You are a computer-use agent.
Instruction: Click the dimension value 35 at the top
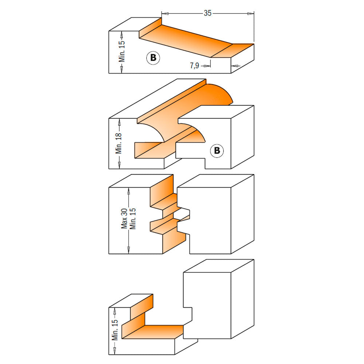click(x=207, y=13)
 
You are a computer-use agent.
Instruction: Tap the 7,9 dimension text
click(x=194, y=66)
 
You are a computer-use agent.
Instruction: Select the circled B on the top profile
click(x=153, y=58)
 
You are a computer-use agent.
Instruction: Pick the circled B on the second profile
click(x=217, y=150)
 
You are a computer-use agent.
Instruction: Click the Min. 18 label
click(x=119, y=143)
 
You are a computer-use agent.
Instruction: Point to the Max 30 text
click(x=124, y=218)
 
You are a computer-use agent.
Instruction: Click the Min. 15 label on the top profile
click(x=122, y=52)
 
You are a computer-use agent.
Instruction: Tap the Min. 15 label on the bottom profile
click(x=115, y=330)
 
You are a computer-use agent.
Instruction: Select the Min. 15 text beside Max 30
click(x=132, y=219)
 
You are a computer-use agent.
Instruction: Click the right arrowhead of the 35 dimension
click(x=251, y=13)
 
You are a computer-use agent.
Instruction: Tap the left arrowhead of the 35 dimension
click(x=165, y=13)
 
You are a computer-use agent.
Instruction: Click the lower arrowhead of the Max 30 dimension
click(x=128, y=250)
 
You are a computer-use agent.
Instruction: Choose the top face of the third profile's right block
click(x=215, y=181)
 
